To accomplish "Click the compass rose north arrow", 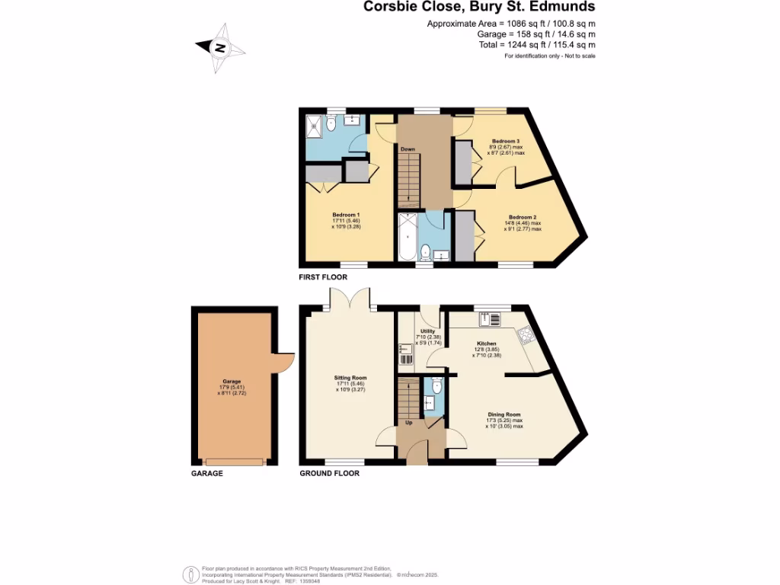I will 221,48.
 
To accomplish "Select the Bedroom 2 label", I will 522,217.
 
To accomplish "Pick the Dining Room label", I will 504,415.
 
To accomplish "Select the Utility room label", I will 427,332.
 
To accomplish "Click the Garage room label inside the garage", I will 232,382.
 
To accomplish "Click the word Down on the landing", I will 408,149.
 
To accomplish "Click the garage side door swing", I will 284,361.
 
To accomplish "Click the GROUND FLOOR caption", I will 328,473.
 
